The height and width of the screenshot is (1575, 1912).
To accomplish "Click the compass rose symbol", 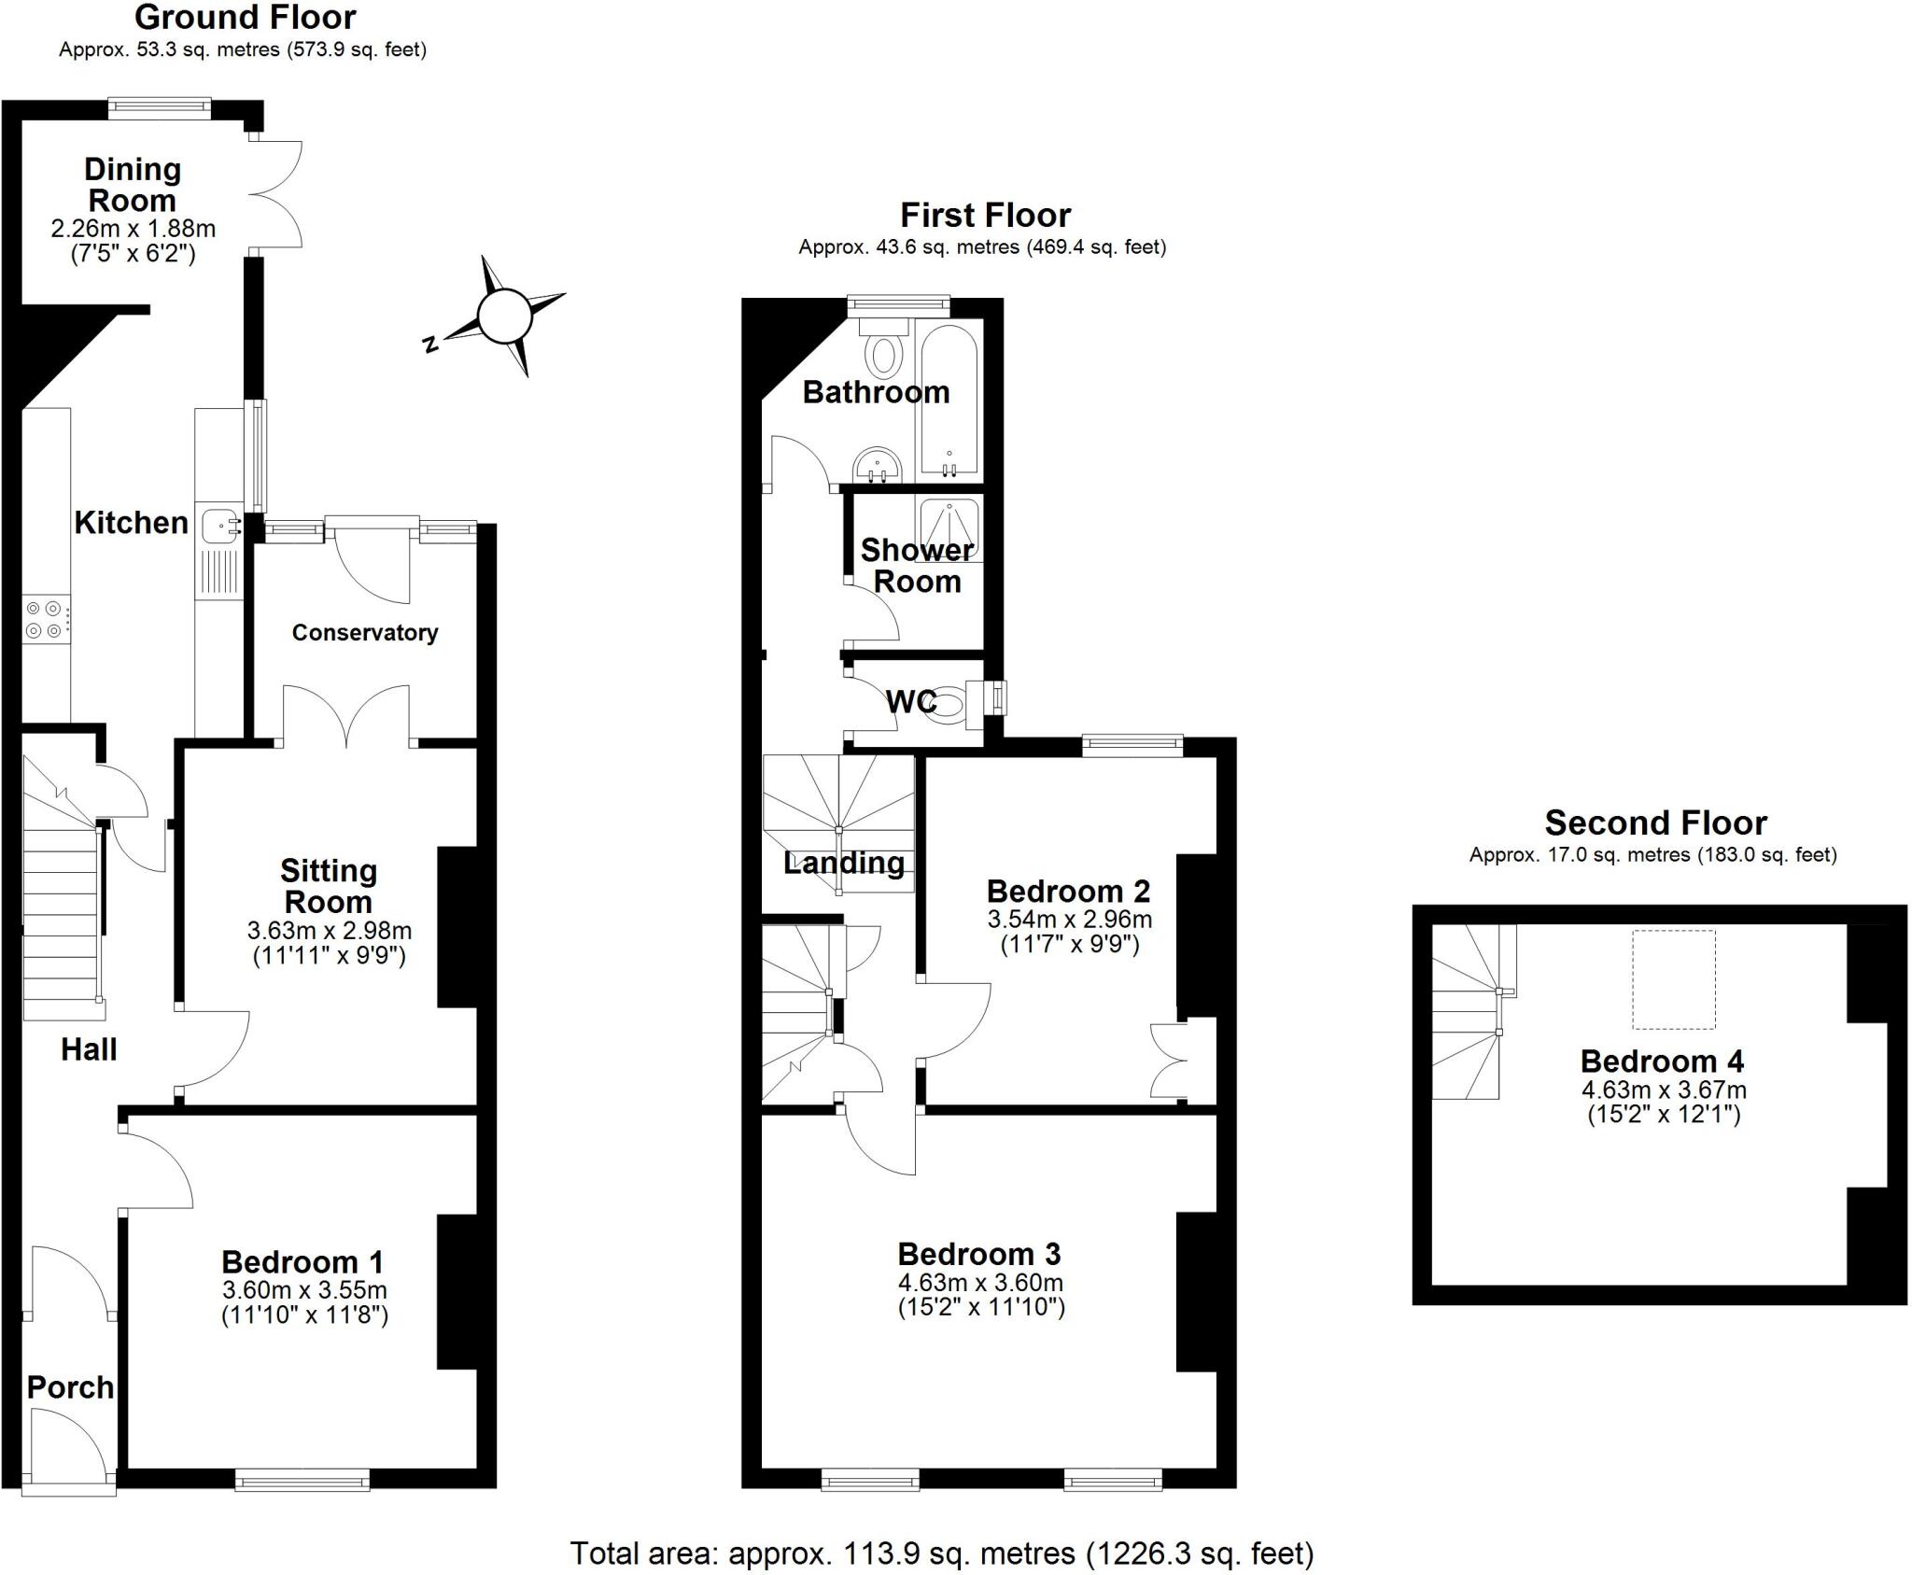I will click(504, 316).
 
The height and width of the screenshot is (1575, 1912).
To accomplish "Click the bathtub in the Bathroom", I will click(949, 400).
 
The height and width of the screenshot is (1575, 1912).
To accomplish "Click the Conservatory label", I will click(364, 633).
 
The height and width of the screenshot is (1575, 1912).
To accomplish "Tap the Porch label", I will click(70, 1387).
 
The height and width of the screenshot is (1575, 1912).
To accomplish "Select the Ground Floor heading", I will click(245, 17).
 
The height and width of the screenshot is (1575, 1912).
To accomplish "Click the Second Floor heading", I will click(1655, 823).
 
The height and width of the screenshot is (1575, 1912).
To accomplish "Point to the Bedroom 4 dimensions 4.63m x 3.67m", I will click(1664, 1090).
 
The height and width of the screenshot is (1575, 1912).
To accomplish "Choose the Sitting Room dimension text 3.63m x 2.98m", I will click(329, 930).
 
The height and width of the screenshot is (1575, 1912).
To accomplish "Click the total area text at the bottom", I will click(941, 1553).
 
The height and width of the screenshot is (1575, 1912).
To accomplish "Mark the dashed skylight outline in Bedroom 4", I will click(1674, 978).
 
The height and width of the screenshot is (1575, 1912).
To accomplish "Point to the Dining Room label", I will click(132, 185).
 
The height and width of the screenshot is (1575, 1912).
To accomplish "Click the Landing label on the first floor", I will click(844, 863).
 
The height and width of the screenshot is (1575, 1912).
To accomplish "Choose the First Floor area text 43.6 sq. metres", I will click(982, 247).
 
